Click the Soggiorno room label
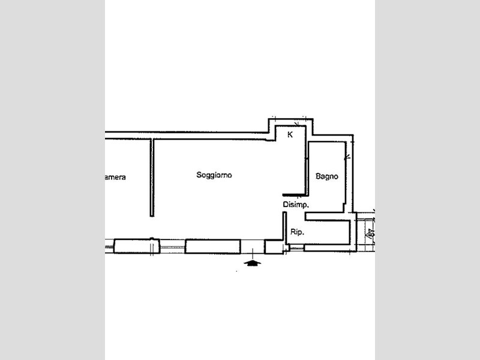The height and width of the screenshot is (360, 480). [214, 175]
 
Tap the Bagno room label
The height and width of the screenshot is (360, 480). [327, 176]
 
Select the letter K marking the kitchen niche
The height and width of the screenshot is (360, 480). [290, 135]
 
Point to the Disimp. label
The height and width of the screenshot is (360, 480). [296, 205]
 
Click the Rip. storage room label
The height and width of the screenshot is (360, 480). [296, 232]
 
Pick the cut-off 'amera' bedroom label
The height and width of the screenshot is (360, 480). [115, 177]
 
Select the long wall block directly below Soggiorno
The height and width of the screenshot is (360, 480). [212, 246]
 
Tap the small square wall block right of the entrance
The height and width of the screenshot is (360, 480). [273, 247]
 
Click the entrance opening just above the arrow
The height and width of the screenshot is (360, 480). [253, 247]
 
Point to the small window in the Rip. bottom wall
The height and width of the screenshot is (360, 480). [296, 247]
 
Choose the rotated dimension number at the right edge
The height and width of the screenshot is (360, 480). [371, 233]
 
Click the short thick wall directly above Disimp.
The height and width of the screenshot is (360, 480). [294, 194]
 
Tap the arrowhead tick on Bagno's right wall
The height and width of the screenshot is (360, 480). [347, 158]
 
